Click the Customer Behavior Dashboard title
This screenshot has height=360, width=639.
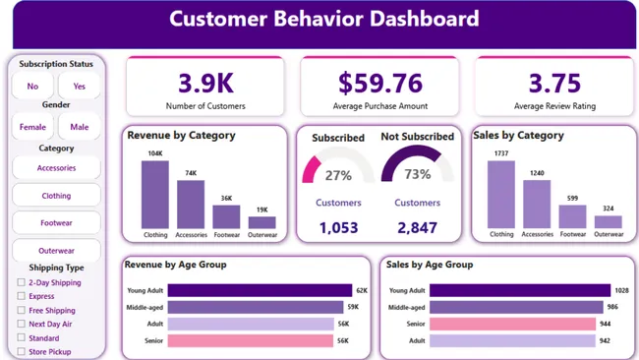pyautogui.click(x=323, y=19)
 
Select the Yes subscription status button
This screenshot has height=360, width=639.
pyautogui.click(x=79, y=87)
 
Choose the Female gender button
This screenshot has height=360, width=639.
pyautogui.click(x=32, y=126)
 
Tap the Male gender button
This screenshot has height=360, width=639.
pyautogui.click(x=79, y=126)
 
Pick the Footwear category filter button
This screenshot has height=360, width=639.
pyautogui.click(x=56, y=223)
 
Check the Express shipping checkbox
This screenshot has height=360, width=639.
pyautogui.click(x=22, y=296)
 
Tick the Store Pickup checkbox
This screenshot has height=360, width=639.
pyautogui.click(x=22, y=351)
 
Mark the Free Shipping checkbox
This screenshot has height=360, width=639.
pyautogui.click(x=22, y=310)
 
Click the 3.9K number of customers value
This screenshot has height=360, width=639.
pyautogui.click(x=204, y=82)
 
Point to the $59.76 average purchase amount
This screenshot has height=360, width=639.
pyautogui.click(x=379, y=82)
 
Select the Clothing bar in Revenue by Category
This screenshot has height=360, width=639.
pyautogui.click(x=155, y=195)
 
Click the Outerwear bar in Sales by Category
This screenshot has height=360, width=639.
pyautogui.click(x=609, y=222)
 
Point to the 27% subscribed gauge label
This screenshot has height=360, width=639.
pyautogui.click(x=338, y=175)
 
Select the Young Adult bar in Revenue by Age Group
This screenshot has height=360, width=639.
pyautogui.click(x=260, y=290)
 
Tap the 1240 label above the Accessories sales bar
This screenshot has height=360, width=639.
pyautogui.click(x=536, y=173)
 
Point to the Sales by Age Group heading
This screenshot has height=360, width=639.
pyautogui.click(x=430, y=265)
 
